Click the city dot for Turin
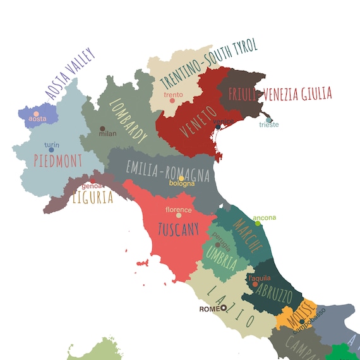(52, 150)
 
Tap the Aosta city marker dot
(36, 114)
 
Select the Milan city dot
(102, 129)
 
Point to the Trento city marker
(172, 100)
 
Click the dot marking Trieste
(269, 119)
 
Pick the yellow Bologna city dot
(181, 178)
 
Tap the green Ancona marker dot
(258, 224)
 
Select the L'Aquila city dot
(255, 284)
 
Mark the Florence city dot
(179, 215)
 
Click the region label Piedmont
(58, 160)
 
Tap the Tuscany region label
(178, 229)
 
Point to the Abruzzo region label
(277, 296)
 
